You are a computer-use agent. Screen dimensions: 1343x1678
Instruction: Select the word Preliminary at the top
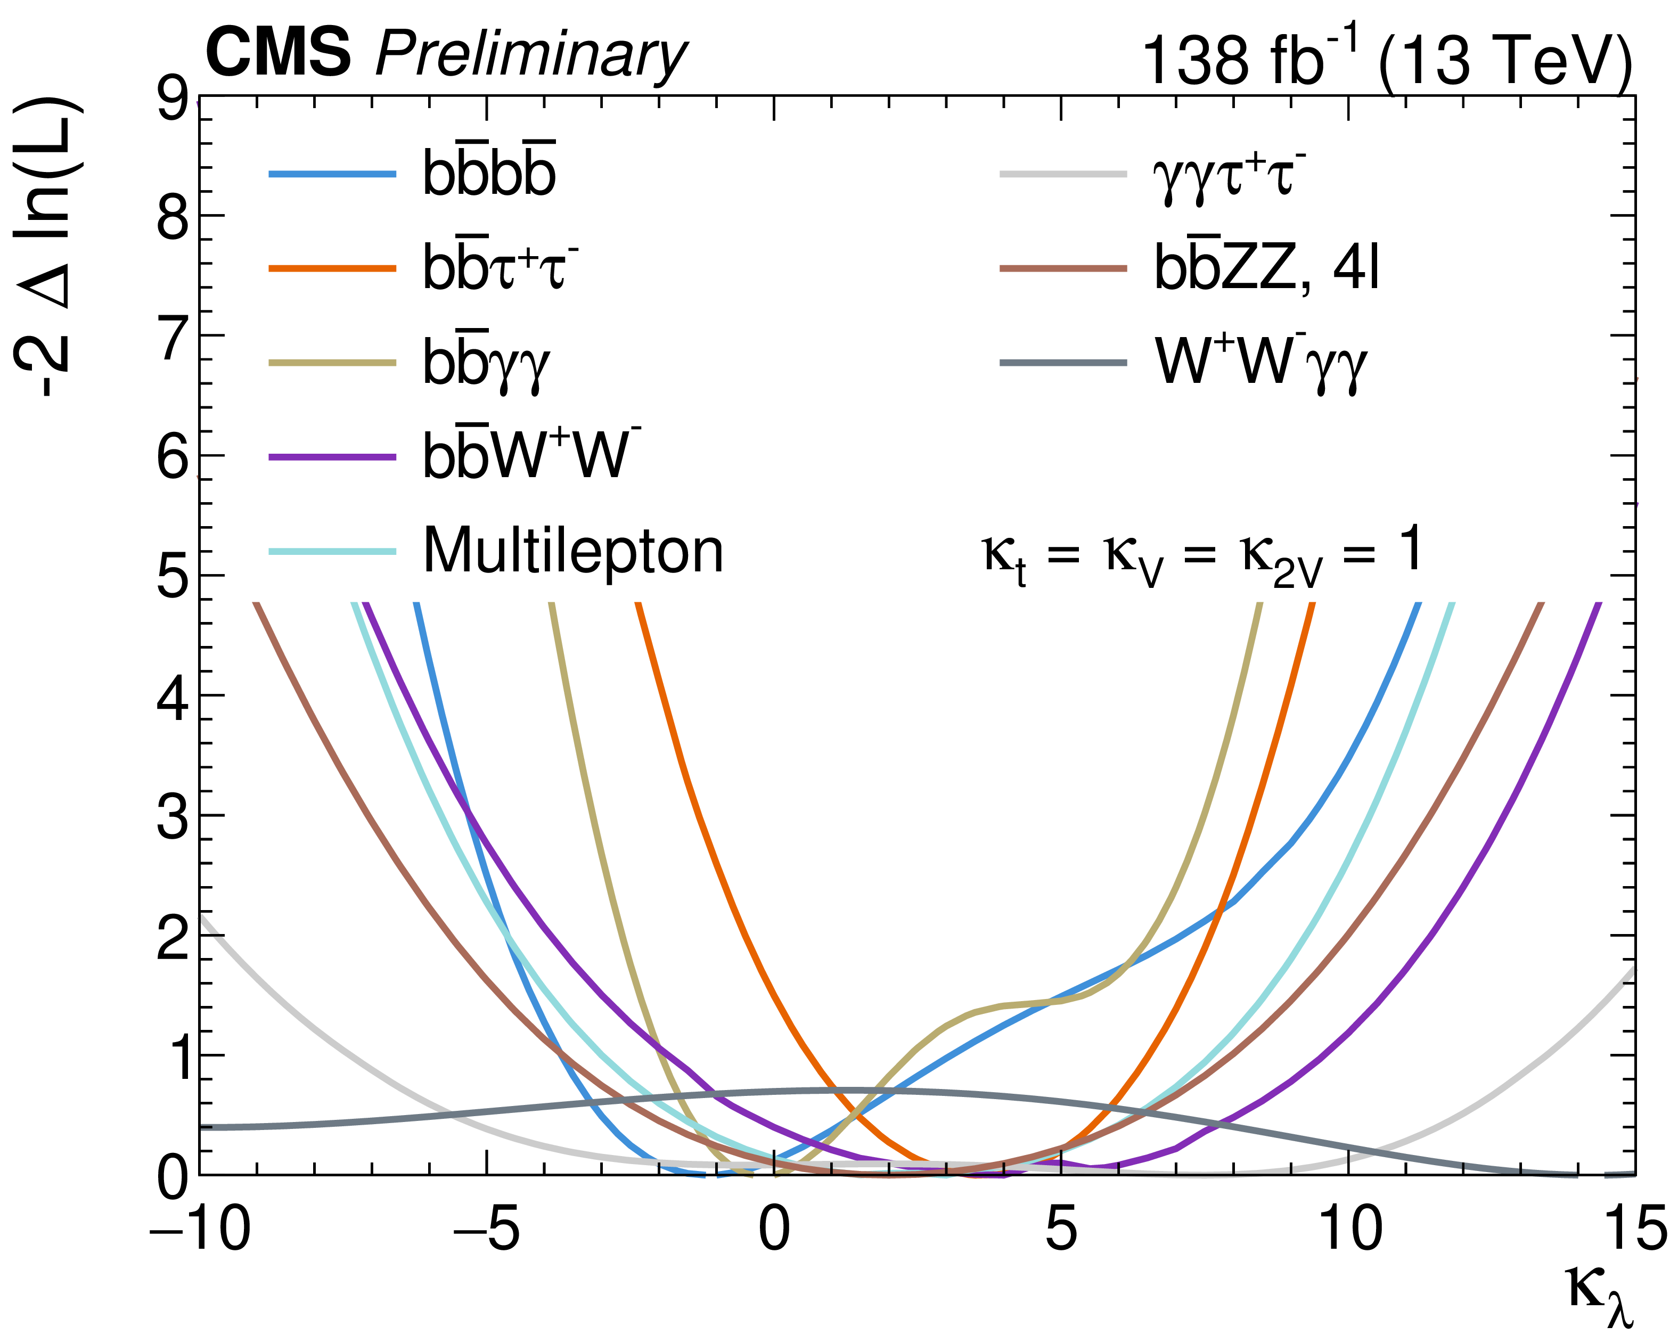click(531, 56)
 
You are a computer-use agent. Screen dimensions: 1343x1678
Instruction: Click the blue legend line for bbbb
click(332, 174)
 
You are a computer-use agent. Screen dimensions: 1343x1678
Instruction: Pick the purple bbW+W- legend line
click(332, 457)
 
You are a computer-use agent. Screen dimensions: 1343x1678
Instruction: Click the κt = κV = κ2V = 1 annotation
click(1202, 553)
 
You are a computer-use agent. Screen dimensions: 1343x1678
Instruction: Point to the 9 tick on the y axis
click(172, 102)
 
